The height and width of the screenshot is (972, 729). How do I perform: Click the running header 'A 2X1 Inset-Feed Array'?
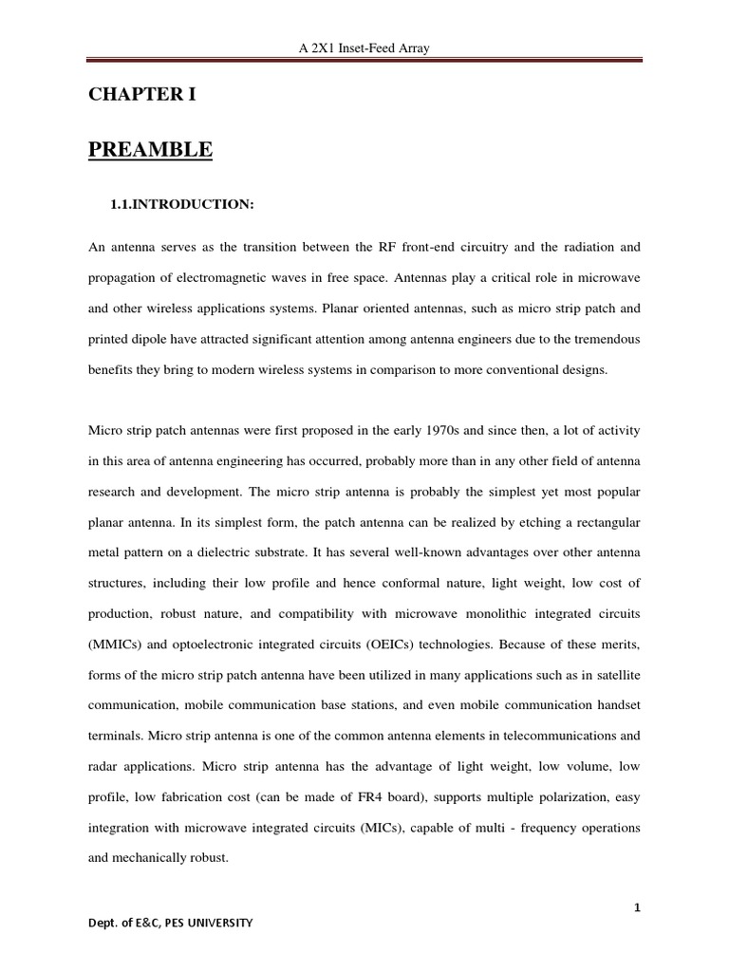click(x=364, y=48)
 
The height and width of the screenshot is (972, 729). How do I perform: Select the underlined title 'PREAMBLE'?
click(x=151, y=150)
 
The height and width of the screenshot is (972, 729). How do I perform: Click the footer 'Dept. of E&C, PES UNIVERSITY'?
click(x=172, y=922)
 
